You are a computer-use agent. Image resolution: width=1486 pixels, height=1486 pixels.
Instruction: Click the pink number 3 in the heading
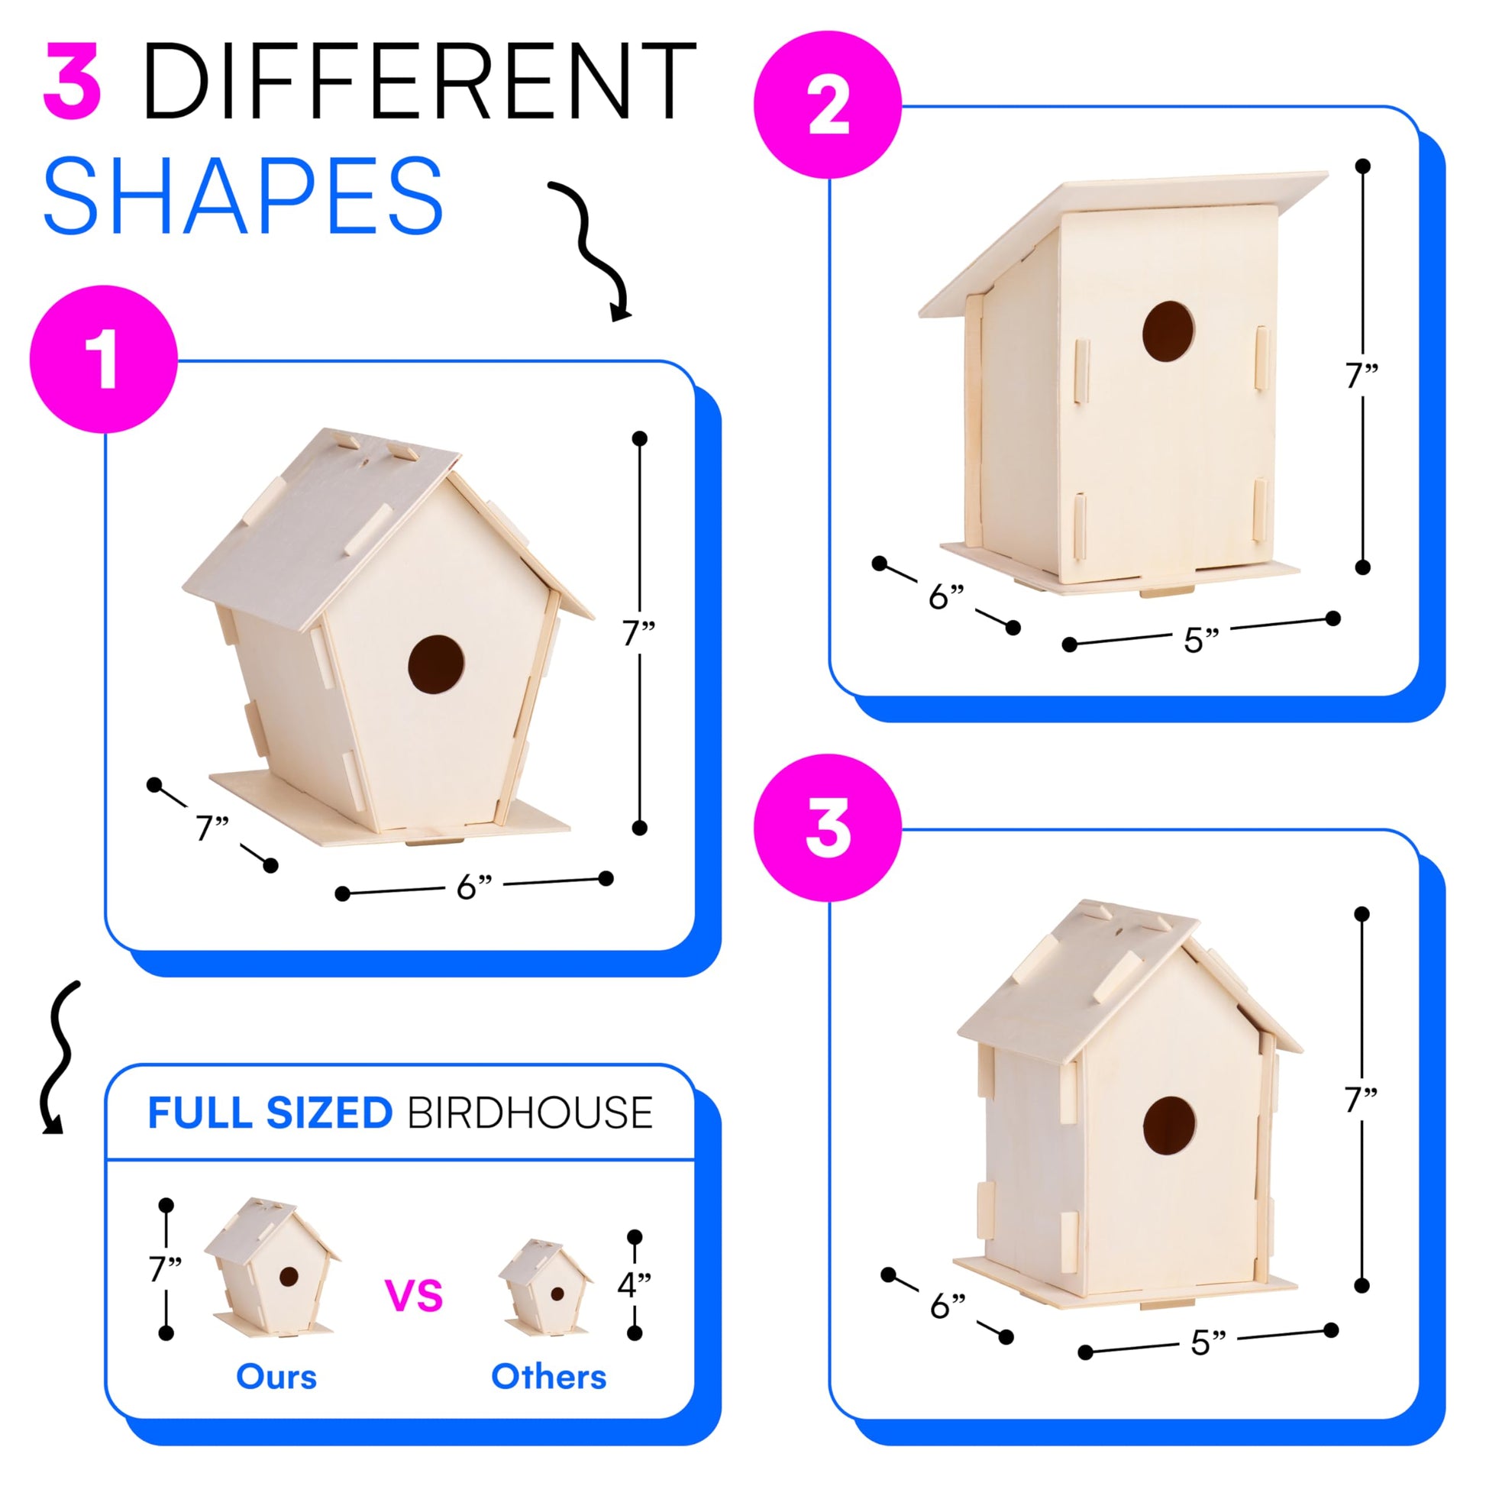pos(73,81)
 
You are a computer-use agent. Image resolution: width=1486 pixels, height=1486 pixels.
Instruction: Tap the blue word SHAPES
pos(243,195)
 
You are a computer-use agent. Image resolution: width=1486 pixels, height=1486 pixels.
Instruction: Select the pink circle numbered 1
pos(104,359)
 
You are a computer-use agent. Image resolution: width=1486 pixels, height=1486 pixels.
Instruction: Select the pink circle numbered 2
pos(828,105)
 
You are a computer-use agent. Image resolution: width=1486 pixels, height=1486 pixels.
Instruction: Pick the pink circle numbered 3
pos(828,828)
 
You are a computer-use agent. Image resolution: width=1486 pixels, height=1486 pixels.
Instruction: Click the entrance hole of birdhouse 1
pos(436,664)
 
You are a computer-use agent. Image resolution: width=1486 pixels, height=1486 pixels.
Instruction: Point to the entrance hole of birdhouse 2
pos(1168,332)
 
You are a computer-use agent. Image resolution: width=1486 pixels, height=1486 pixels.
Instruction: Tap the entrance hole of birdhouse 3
pos(1169,1126)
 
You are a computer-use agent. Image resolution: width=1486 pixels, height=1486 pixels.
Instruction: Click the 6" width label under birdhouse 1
pos(473,887)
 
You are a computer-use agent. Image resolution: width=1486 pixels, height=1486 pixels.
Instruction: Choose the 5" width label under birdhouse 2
pos(1201,640)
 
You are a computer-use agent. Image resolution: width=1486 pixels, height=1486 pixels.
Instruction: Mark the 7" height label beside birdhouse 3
pos(1361,1100)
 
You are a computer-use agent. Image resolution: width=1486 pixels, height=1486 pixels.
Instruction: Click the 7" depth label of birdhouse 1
pos(212,828)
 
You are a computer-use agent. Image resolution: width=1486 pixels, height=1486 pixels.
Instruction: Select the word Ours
pos(276,1377)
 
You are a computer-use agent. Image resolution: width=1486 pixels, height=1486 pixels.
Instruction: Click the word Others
pos(548,1377)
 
